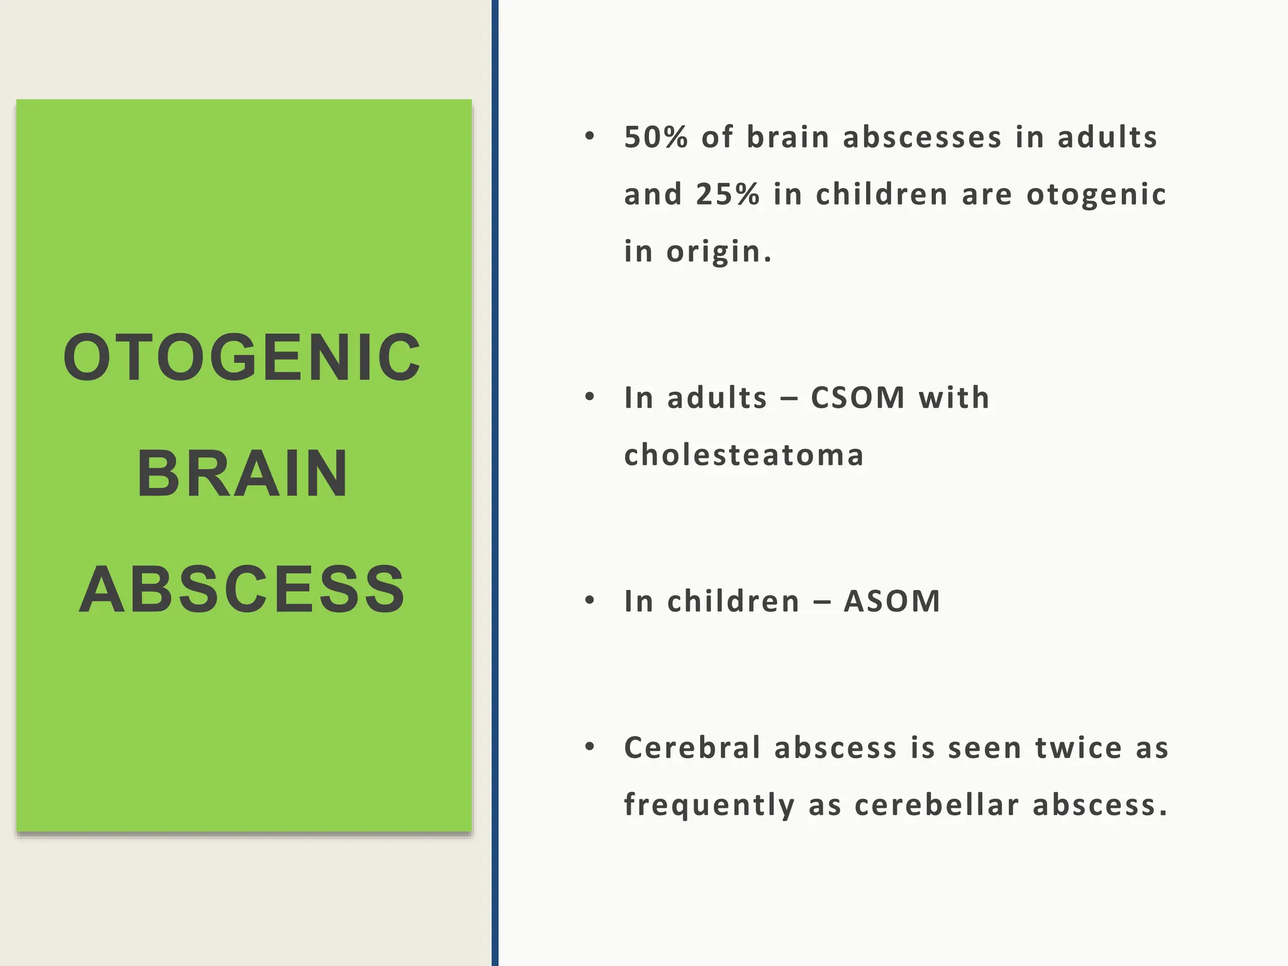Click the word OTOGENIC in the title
click(242, 358)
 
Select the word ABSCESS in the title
click(242, 590)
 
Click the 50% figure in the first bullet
click(656, 137)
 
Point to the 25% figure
click(728, 194)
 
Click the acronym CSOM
click(858, 398)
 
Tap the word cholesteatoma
click(744, 455)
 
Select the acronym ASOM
click(892, 601)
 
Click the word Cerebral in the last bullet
click(692, 748)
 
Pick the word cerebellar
click(936, 805)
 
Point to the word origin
click(718, 252)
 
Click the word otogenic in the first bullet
click(1096, 194)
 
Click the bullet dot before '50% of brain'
click(589, 136)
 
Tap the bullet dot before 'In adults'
click(589, 397)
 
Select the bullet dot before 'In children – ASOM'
click(589, 601)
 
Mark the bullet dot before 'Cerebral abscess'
click(589, 747)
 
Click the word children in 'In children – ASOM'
click(733, 601)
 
